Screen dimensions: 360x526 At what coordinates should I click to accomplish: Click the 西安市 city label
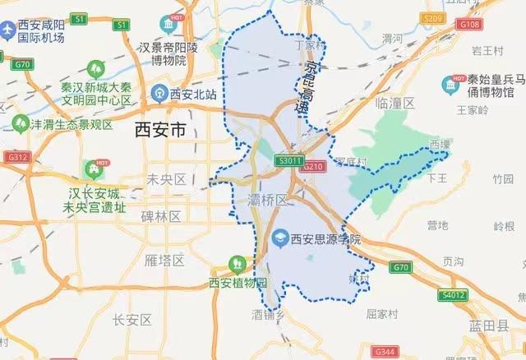[160, 131]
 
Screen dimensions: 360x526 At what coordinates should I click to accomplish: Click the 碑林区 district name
[160, 215]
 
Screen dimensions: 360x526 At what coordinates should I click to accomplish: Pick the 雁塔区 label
[160, 261]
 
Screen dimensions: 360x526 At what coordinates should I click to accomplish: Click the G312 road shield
[16, 157]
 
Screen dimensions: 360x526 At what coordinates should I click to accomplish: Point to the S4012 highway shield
[453, 295]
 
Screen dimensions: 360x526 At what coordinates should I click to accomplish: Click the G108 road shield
[470, 25]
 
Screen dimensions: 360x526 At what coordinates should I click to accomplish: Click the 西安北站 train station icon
[159, 95]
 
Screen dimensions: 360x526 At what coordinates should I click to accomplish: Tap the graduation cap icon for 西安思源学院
[279, 239]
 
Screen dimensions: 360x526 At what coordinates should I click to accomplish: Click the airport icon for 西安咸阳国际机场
[10, 30]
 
